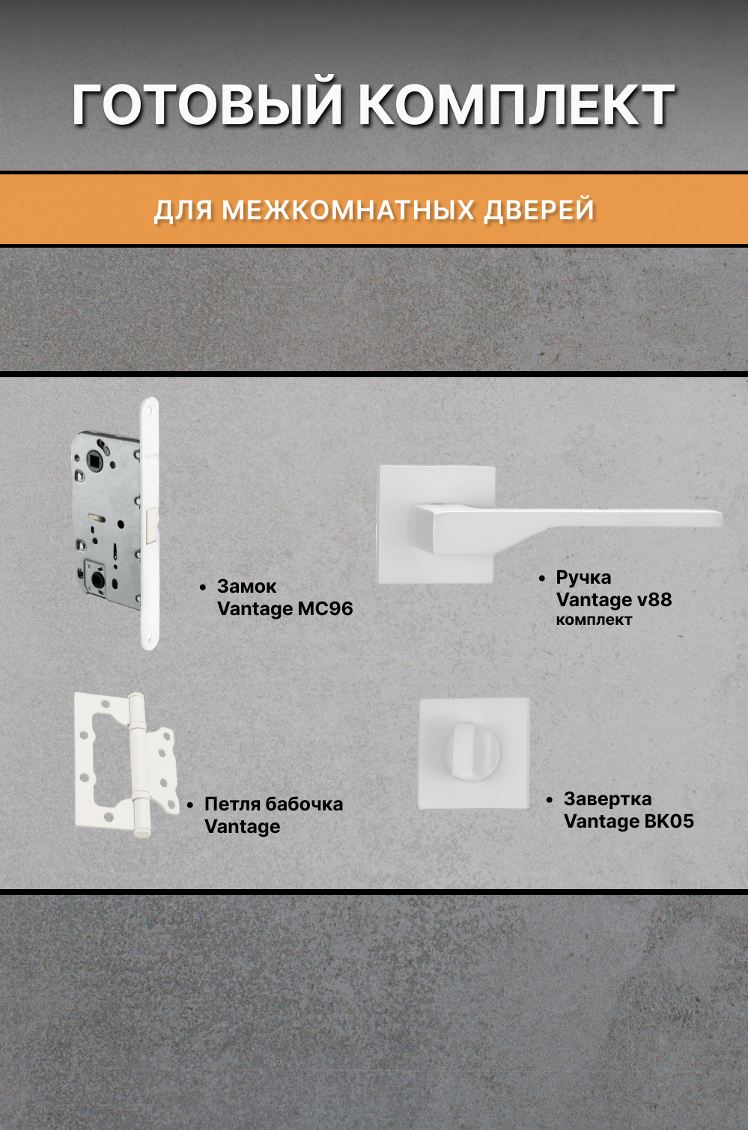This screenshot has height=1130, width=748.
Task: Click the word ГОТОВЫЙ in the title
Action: click(208, 105)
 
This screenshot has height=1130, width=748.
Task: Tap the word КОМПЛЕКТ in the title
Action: click(517, 105)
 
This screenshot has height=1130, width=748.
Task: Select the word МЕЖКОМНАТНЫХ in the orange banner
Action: click(348, 210)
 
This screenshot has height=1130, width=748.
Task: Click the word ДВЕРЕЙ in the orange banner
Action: click(539, 210)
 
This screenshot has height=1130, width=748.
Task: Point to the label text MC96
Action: click(325, 608)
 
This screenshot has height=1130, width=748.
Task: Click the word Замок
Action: click(246, 586)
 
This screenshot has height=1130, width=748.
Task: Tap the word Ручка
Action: click(583, 577)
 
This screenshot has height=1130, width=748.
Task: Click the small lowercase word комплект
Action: click(594, 620)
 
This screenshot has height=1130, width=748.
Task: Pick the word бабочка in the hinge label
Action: click(304, 804)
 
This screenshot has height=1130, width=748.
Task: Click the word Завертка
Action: click(607, 798)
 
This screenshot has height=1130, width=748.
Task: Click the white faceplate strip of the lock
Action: click(150, 524)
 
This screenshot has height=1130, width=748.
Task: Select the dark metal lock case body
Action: click(105, 524)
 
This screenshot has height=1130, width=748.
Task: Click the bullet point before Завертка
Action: click(550, 800)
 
